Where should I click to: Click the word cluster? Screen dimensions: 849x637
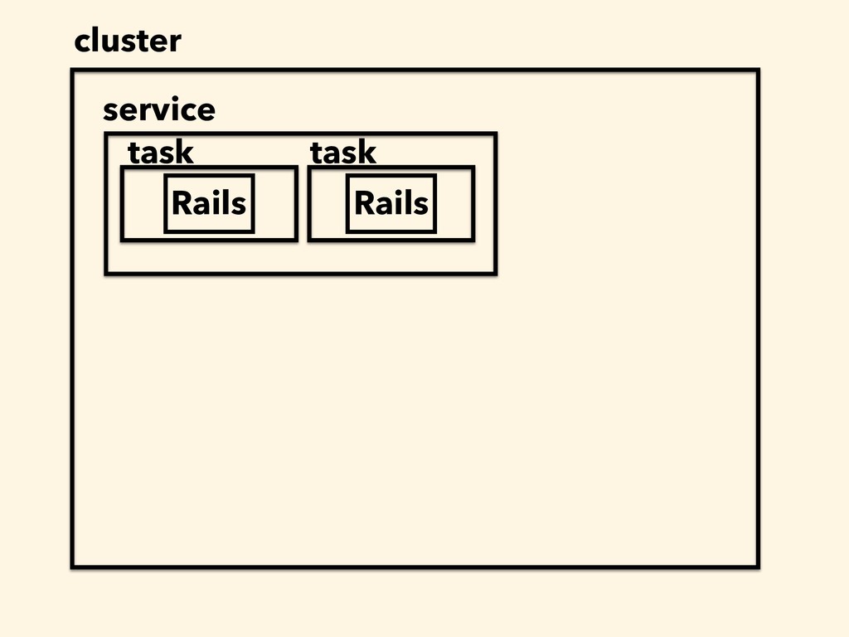(128, 41)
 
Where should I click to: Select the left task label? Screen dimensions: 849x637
(160, 153)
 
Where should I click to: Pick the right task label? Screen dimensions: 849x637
(342, 153)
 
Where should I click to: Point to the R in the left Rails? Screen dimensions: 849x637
(182, 202)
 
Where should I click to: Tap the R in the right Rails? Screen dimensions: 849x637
(364, 202)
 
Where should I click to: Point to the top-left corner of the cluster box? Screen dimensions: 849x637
(73, 70)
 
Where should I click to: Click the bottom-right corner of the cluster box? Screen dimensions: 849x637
(758, 566)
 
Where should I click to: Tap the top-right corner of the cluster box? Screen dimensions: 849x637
(758, 70)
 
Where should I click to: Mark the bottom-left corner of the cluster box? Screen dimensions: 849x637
(73, 566)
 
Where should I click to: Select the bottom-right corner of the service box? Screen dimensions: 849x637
(496, 274)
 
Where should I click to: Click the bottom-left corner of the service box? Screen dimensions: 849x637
(106, 274)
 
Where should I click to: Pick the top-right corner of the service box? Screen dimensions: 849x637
(496, 134)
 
